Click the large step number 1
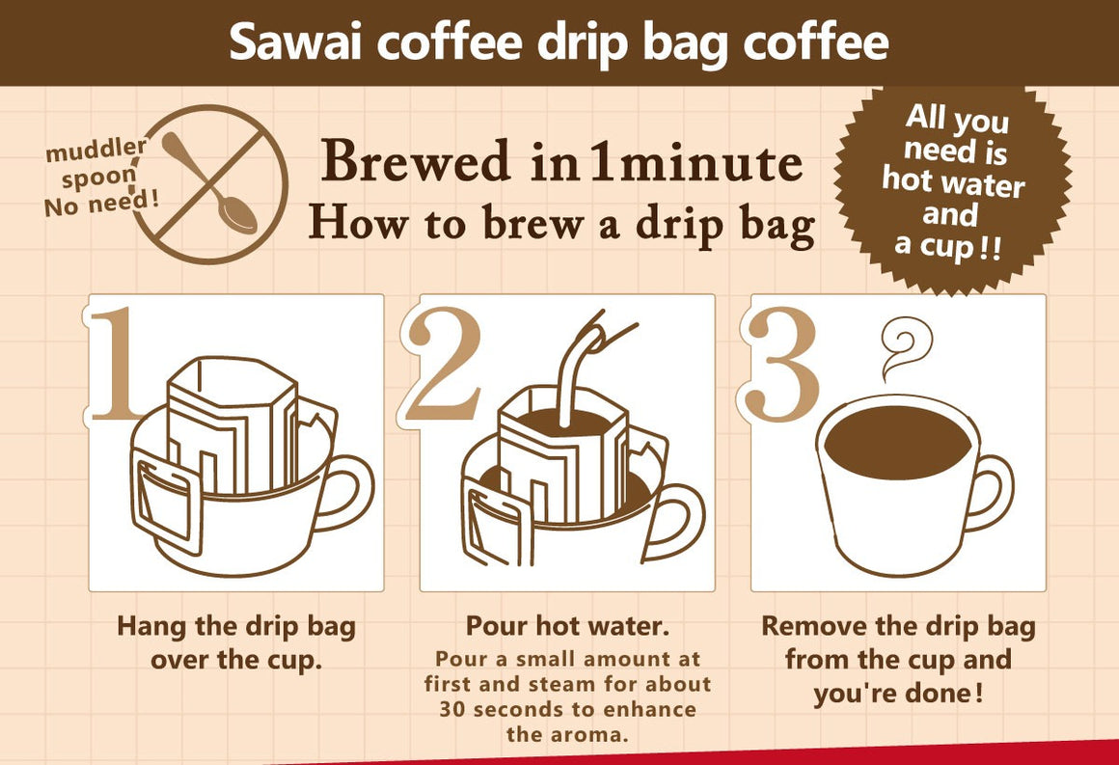[x=114, y=364]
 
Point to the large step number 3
[x=779, y=364]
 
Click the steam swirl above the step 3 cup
[x=907, y=347]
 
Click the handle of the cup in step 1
[x=347, y=492]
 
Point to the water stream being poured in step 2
[x=575, y=377]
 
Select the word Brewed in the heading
[x=416, y=161]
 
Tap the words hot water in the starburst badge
[x=953, y=182]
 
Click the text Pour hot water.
[x=567, y=626]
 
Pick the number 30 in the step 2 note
[x=452, y=709]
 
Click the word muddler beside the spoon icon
[x=96, y=150]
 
